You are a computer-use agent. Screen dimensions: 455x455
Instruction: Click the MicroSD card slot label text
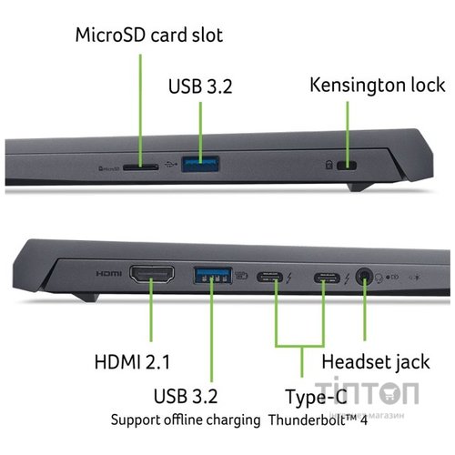148,35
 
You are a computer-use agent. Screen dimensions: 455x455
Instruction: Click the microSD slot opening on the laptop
140,167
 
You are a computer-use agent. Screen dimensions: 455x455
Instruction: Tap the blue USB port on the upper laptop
200,165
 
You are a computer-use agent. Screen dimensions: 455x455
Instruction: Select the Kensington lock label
377,85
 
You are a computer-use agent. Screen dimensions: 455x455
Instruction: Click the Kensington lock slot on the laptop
347,167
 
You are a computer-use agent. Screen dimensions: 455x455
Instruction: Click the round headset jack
365,274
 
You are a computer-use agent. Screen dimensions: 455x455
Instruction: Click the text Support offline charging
187,420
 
